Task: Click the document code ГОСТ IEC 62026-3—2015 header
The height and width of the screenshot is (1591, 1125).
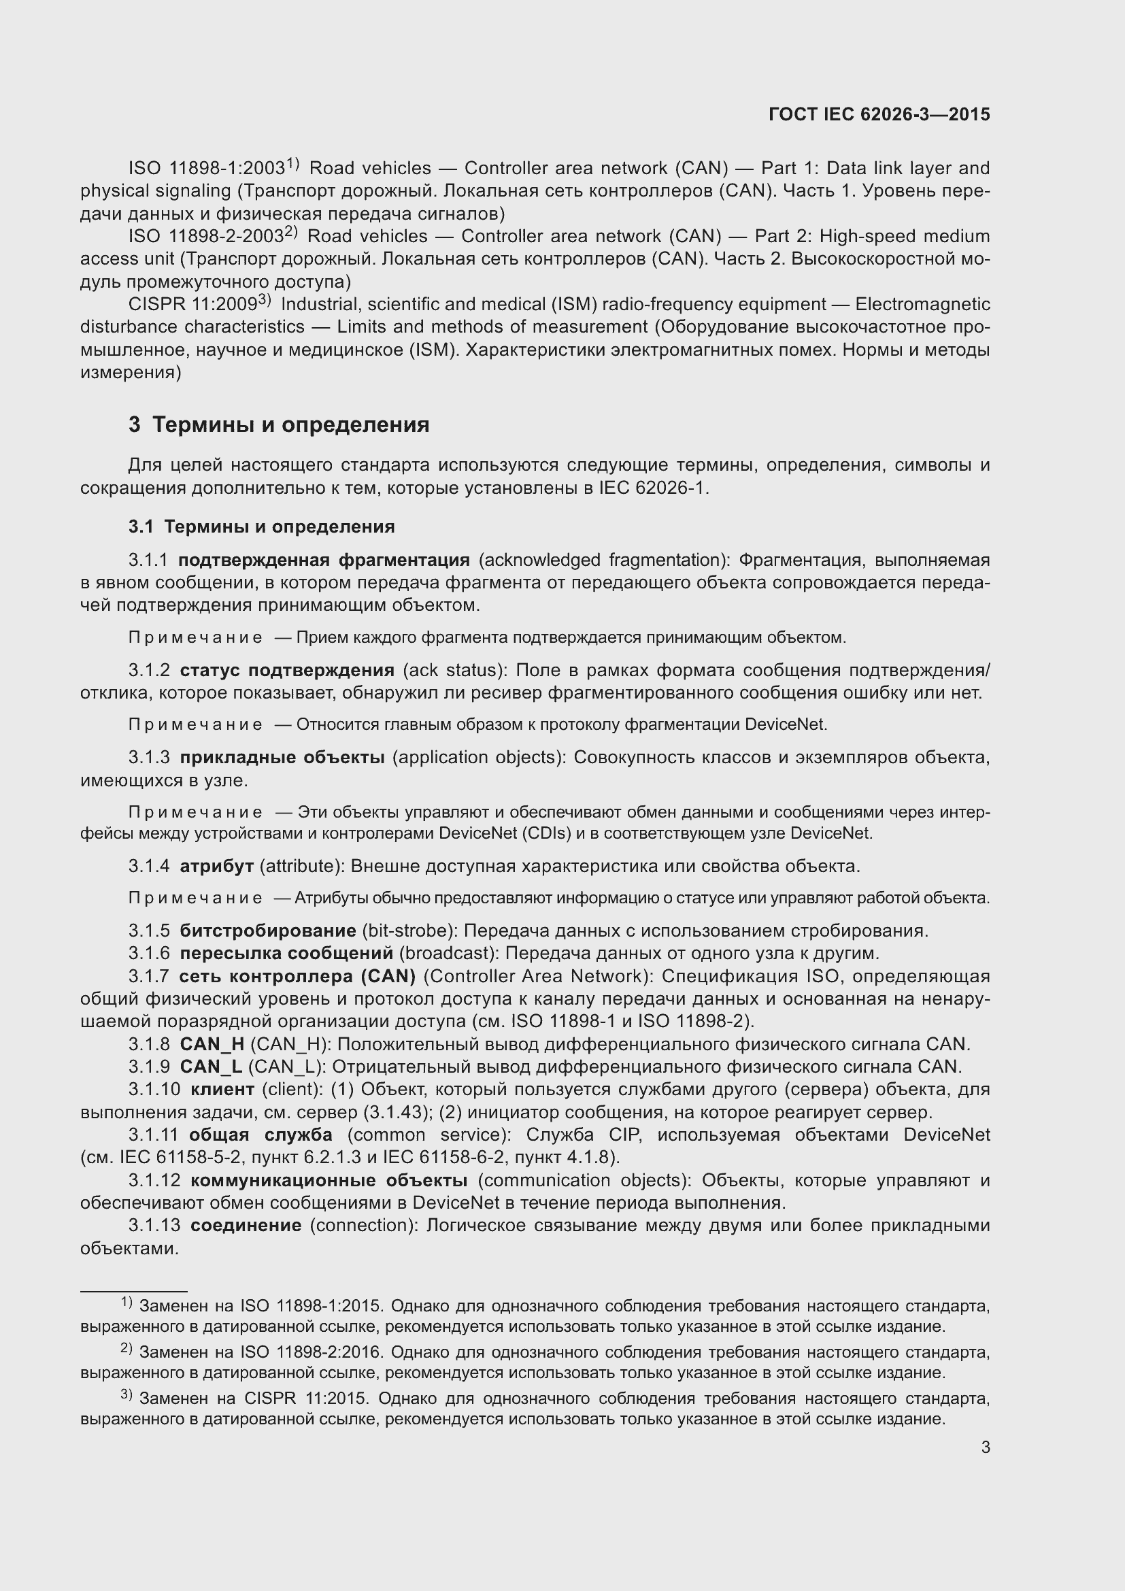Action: tap(879, 114)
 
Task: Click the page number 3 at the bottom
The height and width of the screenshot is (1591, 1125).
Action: tap(985, 1447)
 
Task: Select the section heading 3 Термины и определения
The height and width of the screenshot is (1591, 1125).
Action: tap(278, 424)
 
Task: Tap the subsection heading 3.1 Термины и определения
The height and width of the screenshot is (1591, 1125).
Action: tap(261, 526)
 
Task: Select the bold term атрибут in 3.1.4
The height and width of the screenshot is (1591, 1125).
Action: tap(216, 866)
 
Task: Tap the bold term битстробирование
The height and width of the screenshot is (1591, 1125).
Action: tap(267, 931)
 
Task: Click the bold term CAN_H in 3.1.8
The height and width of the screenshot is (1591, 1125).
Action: tap(212, 1044)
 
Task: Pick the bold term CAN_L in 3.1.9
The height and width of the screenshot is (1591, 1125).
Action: tap(211, 1067)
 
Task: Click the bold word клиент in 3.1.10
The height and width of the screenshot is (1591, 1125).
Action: tap(222, 1089)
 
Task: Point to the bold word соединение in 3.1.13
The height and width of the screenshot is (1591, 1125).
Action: tap(246, 1225)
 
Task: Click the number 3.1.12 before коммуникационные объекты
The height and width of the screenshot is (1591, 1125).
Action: tap(154, 1180)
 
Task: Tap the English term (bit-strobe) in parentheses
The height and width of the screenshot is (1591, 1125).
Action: tap(409, 931)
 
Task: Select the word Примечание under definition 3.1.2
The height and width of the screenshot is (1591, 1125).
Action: tap(195, 725)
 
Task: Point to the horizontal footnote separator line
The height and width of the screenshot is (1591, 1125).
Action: tap(134, 1292)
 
